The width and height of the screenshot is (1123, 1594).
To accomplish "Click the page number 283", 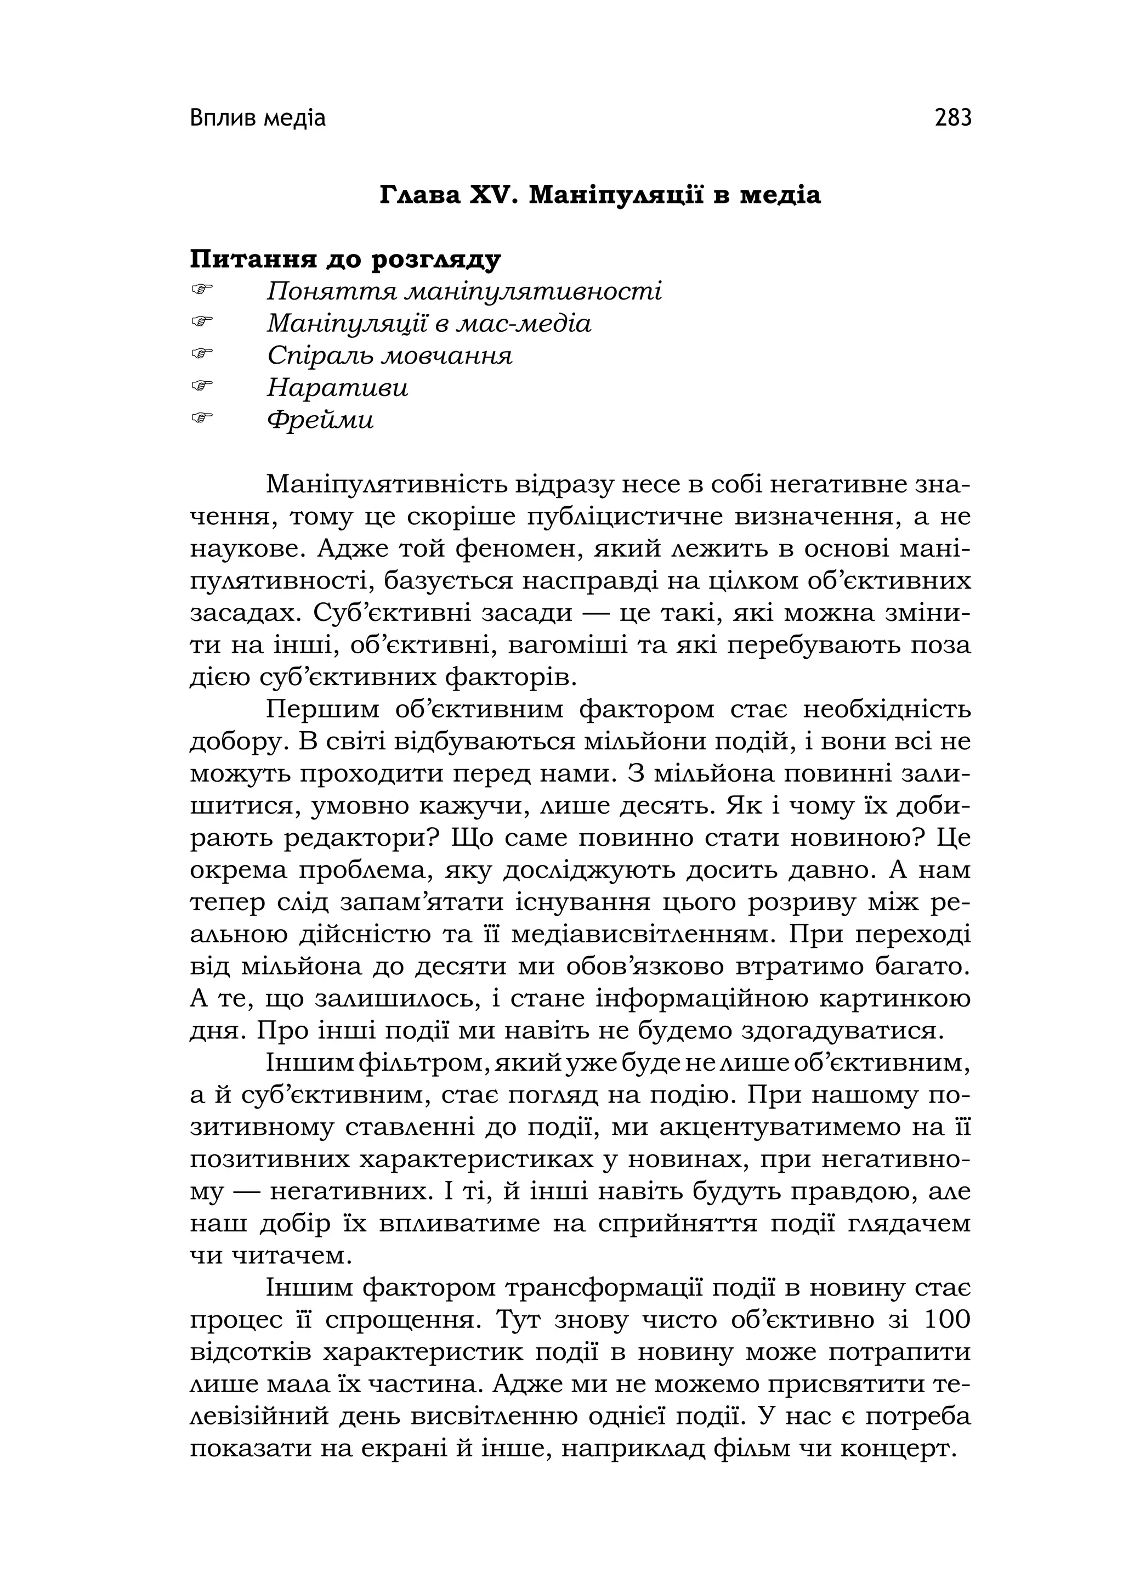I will pos(953,118).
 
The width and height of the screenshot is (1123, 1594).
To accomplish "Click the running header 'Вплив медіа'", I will pos(258,118).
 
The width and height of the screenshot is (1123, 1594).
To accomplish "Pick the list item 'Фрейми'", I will pos(320,420).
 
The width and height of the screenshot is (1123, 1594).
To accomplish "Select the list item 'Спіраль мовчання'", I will pos(389,356).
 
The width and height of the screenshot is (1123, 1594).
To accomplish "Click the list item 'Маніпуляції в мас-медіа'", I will pos(429,324).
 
